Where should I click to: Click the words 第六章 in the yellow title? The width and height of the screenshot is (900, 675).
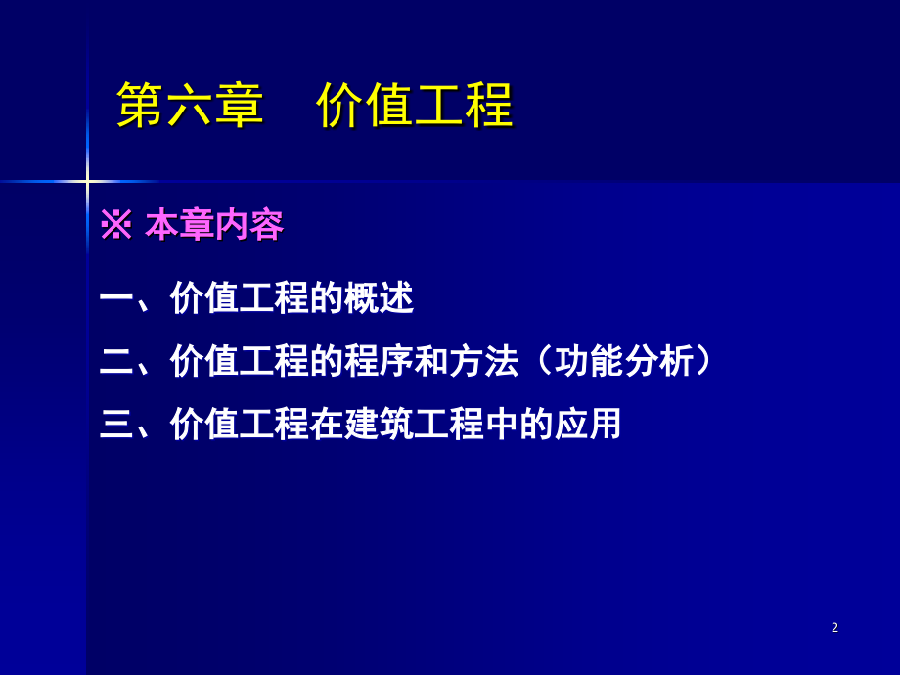tap(190, 106)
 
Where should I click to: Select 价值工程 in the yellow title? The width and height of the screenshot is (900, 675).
tap(415, 106)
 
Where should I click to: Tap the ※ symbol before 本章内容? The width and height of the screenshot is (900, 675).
tap(115, 226)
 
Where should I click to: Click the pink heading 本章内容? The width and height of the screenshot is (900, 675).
tap(214, 226)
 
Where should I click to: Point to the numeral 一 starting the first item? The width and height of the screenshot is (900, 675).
tap(116, 298)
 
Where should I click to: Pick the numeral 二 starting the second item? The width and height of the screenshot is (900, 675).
tap(116, 362)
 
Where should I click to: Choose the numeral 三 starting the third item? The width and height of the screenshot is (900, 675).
tap(116, 425)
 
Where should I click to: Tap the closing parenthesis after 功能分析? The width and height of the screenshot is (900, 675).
tap(705, 362)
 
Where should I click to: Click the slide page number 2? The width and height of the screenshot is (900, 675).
tap(834, 628)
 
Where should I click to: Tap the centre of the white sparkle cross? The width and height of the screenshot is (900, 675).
tap(87, 181)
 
